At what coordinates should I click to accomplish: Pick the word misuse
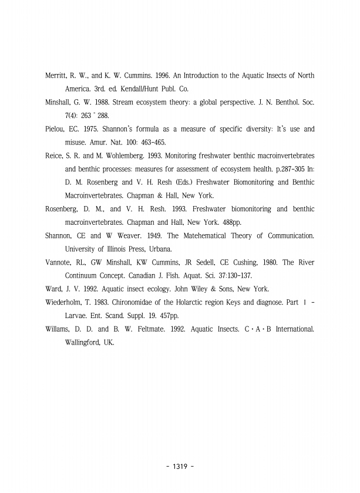[76, 142]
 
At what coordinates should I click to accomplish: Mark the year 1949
[132, 236]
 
